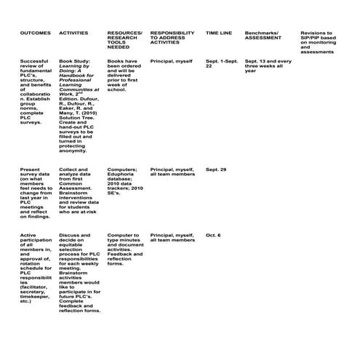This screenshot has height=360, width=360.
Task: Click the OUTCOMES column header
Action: click(x=35, y=33)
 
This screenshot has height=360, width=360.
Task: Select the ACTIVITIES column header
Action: click(x=74, y=33)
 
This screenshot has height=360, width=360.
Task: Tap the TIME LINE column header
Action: click(x=219, y=33)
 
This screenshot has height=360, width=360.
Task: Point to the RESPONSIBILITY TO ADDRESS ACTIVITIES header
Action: click(x=172, y=38)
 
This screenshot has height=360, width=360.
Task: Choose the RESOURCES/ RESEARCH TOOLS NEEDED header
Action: click(x=124, y=40)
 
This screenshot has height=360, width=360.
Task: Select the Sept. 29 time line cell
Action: click(x=216, y=169)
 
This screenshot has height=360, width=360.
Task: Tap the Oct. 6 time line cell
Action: click(x=213, y=236)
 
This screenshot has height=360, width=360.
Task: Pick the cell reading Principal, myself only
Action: click(x=172, y=62)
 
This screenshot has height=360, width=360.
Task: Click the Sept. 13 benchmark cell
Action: click(x=268, y=66)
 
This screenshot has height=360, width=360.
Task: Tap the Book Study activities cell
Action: click(x=81, y=106)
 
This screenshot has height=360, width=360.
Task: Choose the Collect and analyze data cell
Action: click(x=81, y=192)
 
